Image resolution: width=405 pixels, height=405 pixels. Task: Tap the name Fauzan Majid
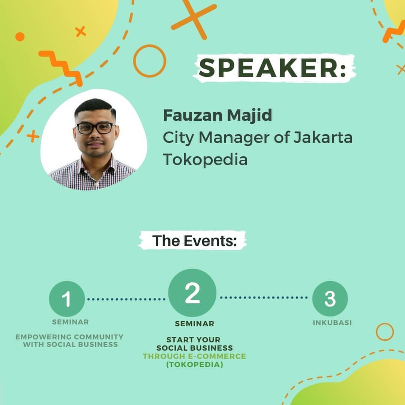coord(217,115)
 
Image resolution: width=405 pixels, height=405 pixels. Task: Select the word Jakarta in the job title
coord(323,137)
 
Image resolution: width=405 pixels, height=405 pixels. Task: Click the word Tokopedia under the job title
coord(205,159)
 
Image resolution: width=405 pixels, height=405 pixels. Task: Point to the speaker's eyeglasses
coord(95,128)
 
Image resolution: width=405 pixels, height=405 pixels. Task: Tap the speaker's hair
coord(95,108)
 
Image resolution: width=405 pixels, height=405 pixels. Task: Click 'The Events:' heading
coord(195,241)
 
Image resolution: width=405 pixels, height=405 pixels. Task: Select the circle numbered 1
coord(67,299)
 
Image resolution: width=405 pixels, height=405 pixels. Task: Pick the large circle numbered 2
coord(192,292)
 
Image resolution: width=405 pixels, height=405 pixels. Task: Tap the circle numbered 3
coord(330,298)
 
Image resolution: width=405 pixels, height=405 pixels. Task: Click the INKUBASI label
coord(332,322)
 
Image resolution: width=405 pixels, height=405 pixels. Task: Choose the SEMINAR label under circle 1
coord(70,322)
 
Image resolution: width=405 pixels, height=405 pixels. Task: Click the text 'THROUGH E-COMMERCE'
coord(195,356)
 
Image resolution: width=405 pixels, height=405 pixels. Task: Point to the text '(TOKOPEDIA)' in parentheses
coord(195,365)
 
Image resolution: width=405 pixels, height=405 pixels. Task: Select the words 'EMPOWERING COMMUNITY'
coord(69,337)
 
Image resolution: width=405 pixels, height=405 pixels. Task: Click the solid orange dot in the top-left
coord(20,37)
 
